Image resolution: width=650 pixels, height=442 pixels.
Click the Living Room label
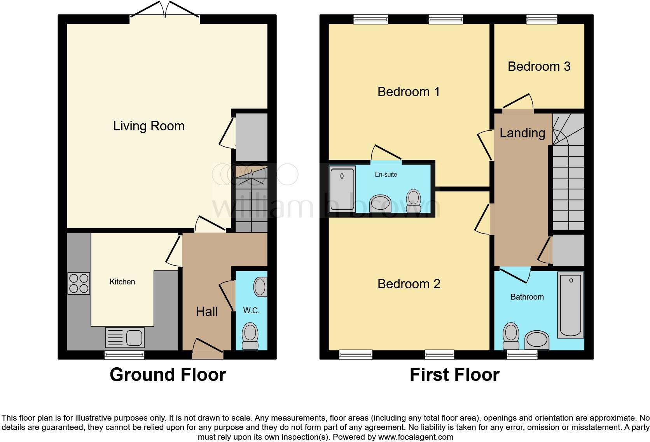(x=149, y=126)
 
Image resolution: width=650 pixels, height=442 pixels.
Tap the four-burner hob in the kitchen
(x=79, y=283)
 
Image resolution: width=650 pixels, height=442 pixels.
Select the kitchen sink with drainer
(x=125, y=337)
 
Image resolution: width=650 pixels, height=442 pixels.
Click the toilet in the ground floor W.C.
(x=250, y=336)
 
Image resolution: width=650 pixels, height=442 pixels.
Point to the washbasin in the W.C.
(x=260, y=287)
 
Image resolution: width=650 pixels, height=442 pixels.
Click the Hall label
(x=206, y=311)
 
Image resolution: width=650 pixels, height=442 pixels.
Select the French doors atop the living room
(x=165, y=11)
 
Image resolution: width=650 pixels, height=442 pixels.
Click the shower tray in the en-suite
(x=342, y=189)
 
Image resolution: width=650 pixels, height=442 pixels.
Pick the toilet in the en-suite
(x=413, y=200)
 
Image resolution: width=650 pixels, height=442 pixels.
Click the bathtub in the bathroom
(x=570, y=305)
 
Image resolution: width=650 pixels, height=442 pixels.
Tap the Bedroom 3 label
(x=539, y=67)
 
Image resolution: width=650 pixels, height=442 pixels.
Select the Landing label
(x=522, y=133)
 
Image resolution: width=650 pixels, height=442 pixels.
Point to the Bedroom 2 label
(x=409, y=284)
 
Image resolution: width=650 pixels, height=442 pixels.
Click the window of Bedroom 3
(x=542, y=19)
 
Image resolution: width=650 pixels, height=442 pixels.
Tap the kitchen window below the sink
(x=124, y=355)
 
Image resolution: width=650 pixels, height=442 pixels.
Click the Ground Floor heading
(x=168, y=375)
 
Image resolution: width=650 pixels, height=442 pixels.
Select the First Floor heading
(x=454, y=375)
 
